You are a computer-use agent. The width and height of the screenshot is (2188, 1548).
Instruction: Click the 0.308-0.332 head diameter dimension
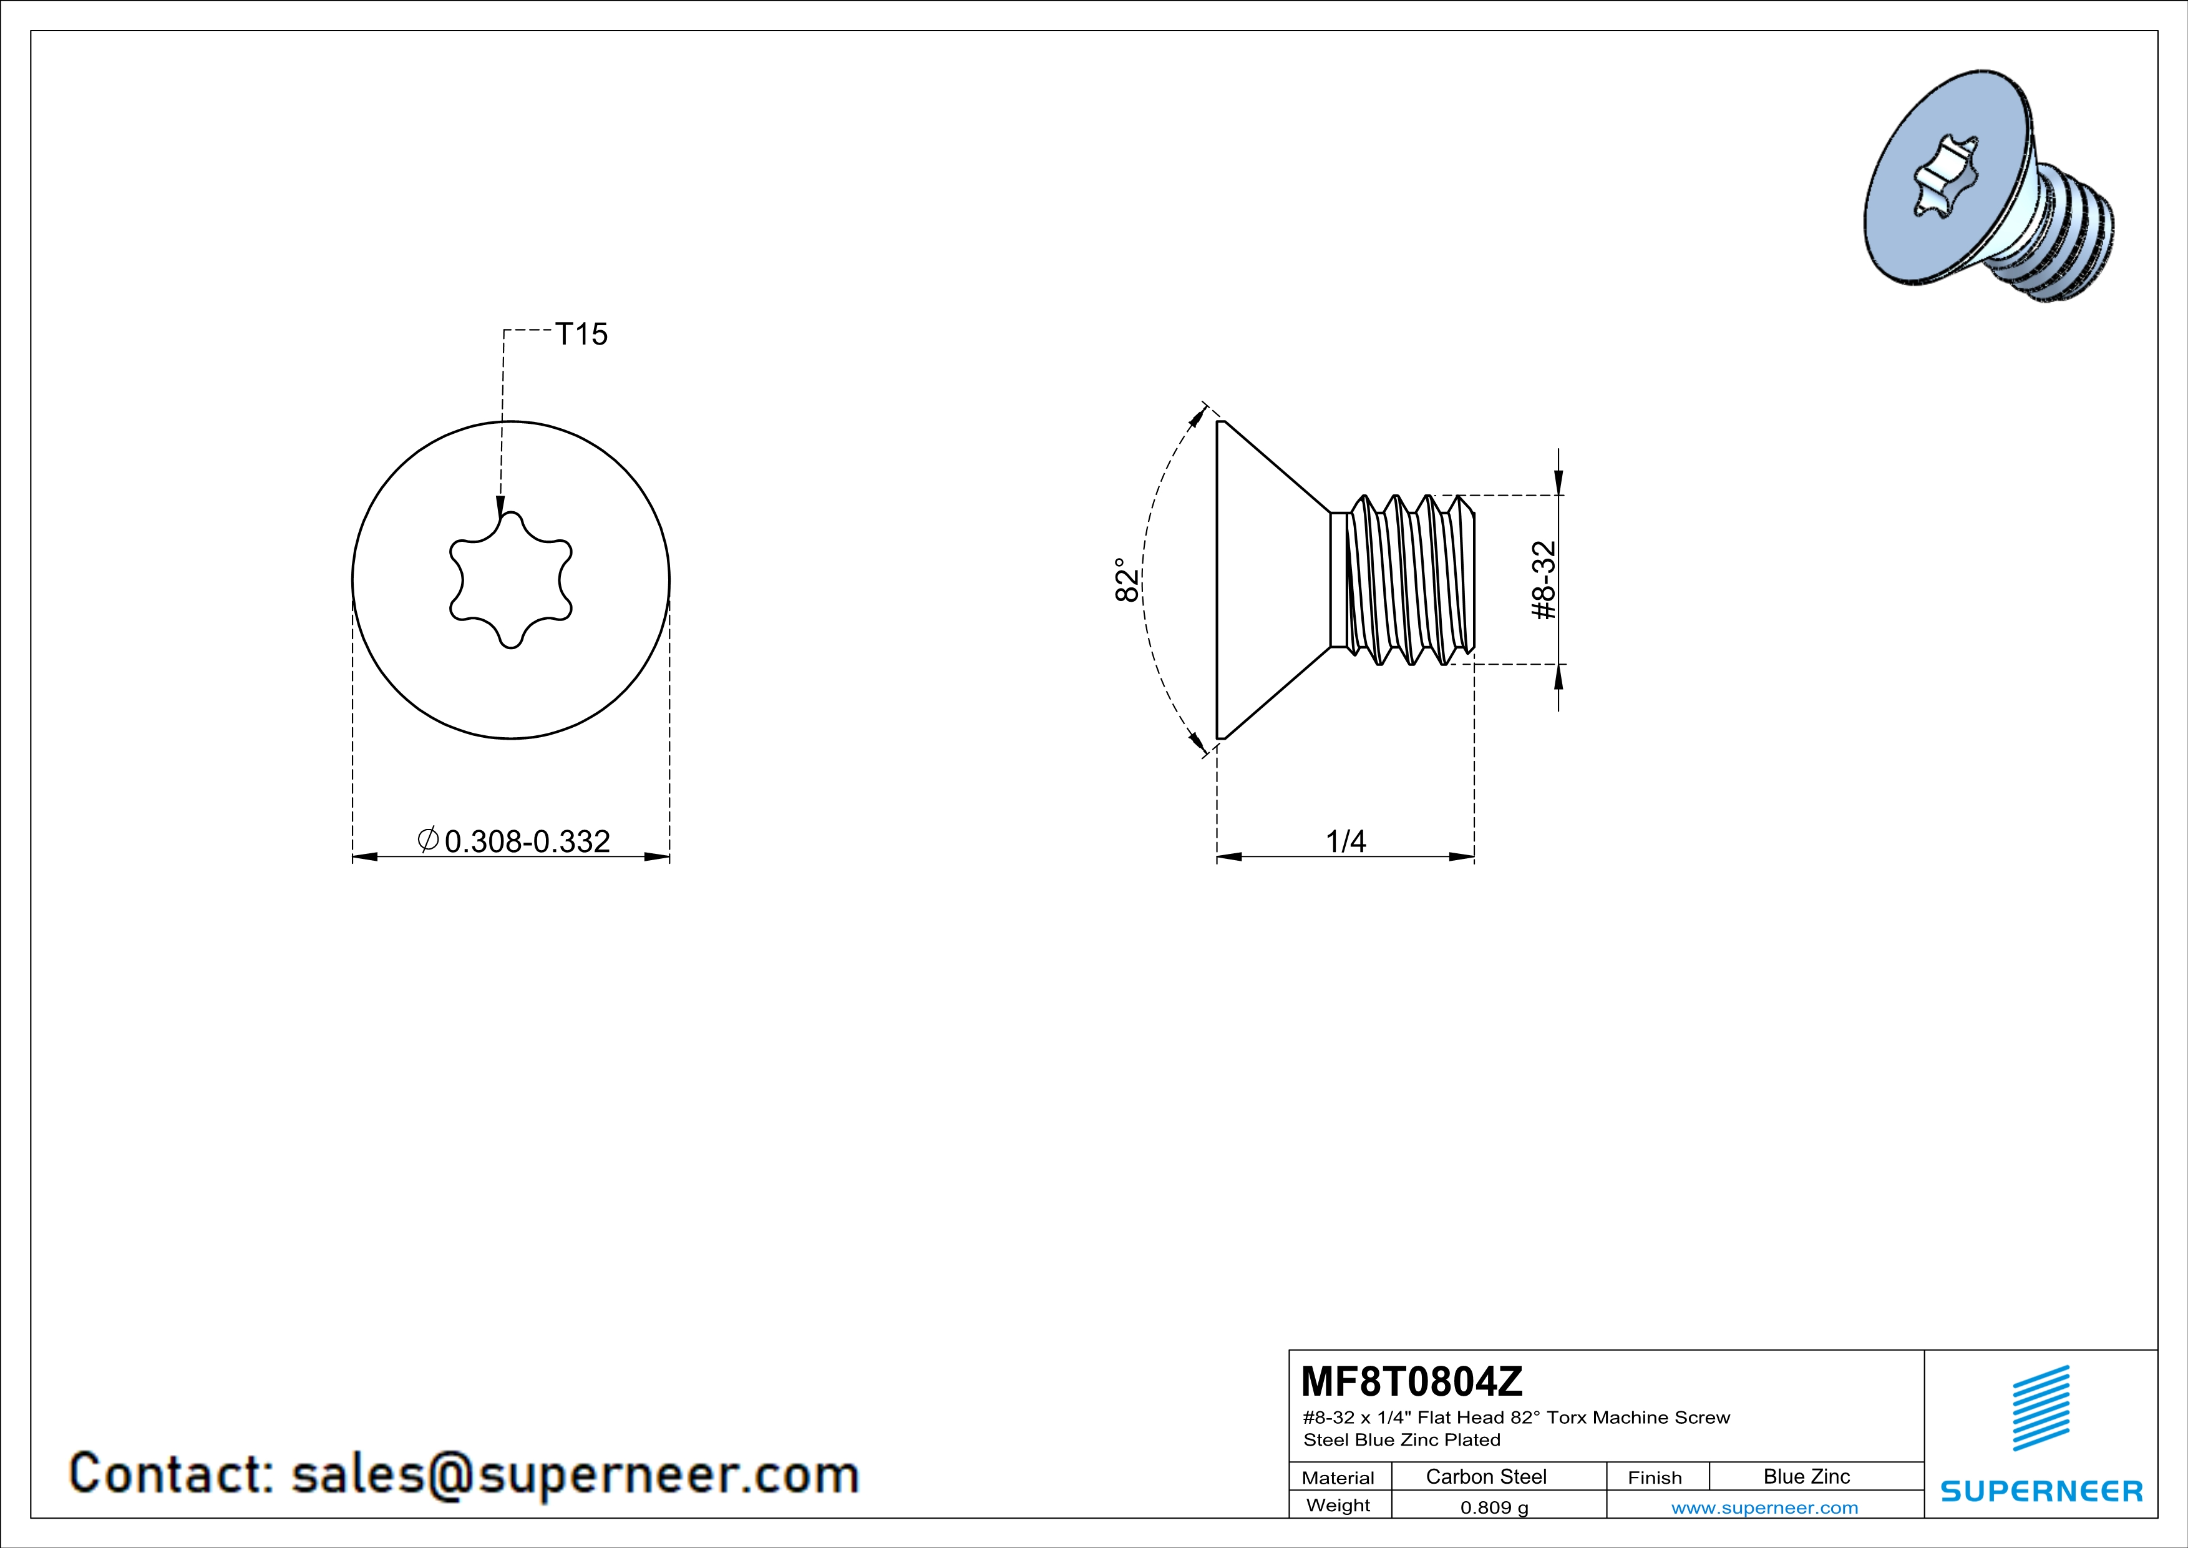pyautogui.click(x=526, y=841)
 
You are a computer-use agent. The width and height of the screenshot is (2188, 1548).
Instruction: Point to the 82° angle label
pyautogui.click(x=1126, y=579)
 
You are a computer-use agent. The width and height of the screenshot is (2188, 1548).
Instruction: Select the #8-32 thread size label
pyautogui.click(x=1543, y=580)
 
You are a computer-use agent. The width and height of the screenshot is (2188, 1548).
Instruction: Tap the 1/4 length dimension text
pyautogui.click(x=1346, y=841)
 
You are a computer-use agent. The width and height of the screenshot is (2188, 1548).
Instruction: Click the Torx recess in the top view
pyautogui.click(x=511, y=580)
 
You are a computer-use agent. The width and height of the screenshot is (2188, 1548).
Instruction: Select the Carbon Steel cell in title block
pyautogui.click(x=1485, y=1476)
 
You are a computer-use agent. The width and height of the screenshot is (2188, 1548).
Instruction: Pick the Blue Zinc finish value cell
pyautogui.click(x=1806, y=1476)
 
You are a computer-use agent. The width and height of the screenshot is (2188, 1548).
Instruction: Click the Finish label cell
pyautogui.click(x=1655, y=1477)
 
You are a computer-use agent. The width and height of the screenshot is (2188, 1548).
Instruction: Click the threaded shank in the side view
pyautogui.click(x=1411, y=579)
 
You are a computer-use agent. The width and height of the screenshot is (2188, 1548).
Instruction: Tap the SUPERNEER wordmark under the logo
pyautogui.click(x=2041, y=1490)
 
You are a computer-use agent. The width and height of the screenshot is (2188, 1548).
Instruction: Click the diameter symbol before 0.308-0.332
pyautogui.click(x=428, y=839)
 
